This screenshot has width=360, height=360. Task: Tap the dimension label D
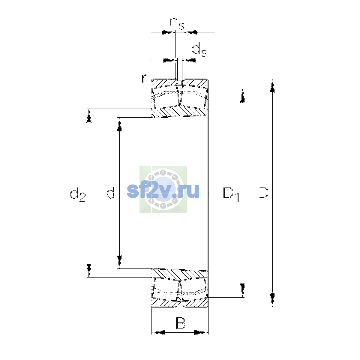pos(263,193)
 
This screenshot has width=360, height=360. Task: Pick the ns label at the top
pos(177,23)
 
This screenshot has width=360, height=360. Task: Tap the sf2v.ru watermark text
pos(163,191)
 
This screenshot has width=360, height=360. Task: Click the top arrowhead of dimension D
pos(272,86)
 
